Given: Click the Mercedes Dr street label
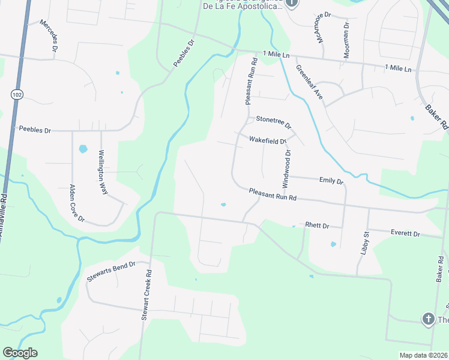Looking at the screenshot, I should tap(49, 37).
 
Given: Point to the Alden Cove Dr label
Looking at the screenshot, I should tap(77, 204).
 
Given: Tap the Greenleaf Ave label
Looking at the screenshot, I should tap(309, 83).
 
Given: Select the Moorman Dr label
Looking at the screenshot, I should tap(346, 40).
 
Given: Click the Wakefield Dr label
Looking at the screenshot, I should tap(268, 141).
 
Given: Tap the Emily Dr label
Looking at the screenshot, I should tap(331, 180).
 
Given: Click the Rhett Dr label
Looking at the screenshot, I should tap(317, 226).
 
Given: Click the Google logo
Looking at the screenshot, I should tap(20, 353).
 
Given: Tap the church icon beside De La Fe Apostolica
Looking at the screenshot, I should tap(291, 3).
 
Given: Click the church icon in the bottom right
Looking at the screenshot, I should tap(428, 319).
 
